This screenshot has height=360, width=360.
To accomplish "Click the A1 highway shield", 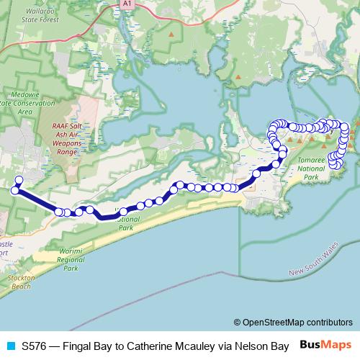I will tap(127, 4).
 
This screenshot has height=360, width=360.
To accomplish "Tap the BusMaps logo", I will tap(325, 346).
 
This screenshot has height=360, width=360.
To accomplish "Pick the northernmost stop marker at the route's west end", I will tap(19, 180).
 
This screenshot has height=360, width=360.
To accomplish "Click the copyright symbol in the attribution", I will tap(237, 323).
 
